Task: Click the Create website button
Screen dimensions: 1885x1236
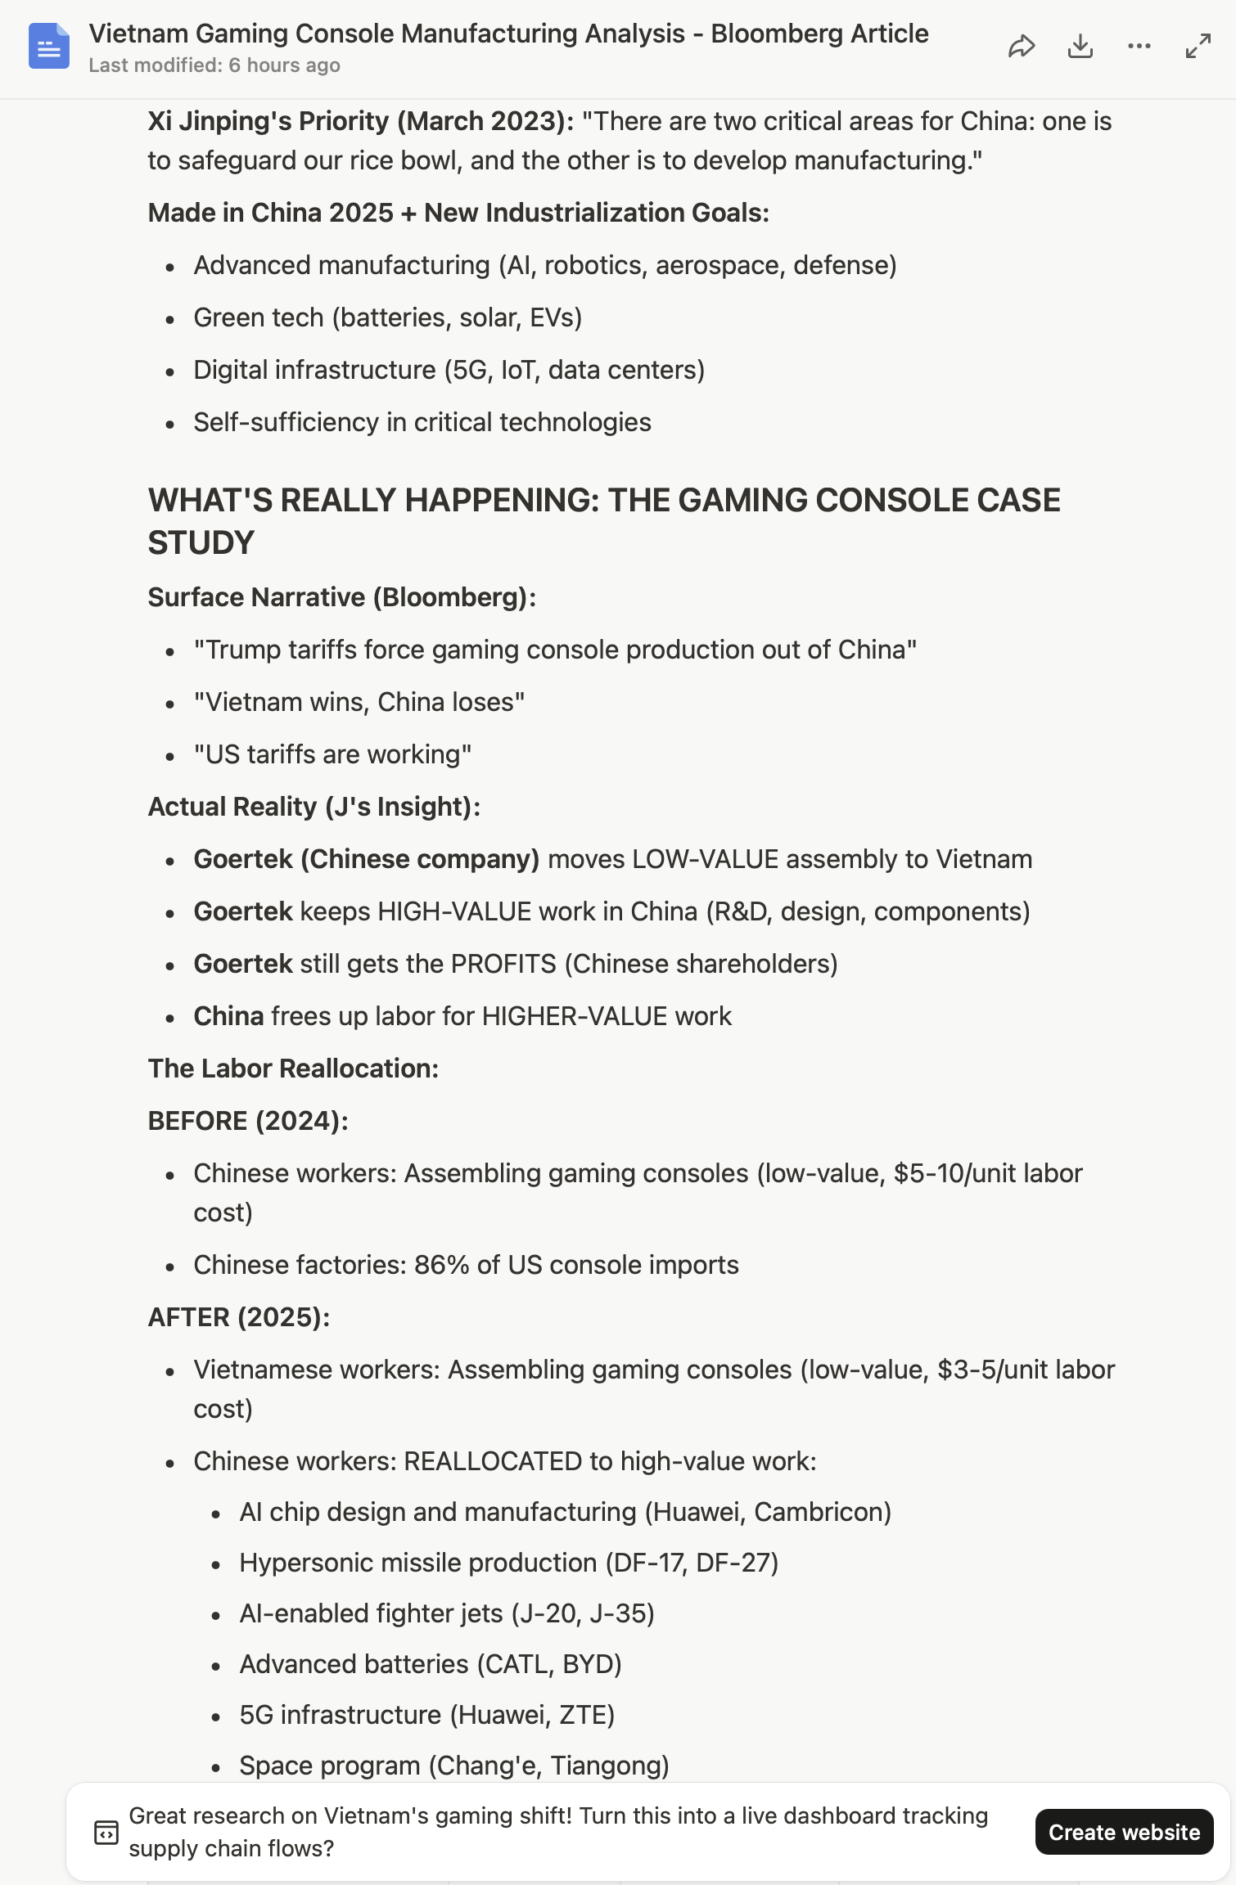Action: pyautogui.click(x=1123, y=1832)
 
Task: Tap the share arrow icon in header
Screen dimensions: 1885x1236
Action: pyautogui.click(x=1021, y=47)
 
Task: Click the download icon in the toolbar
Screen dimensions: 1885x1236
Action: pyautogui.click(x=1080, y=47)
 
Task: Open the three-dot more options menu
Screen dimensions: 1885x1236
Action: pyautogui.click(x=1139, y=47)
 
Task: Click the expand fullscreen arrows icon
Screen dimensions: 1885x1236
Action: pyautogui.click(x=1198, y=47)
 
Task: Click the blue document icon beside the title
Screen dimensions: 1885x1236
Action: pyautogui.click(x=49, y=47)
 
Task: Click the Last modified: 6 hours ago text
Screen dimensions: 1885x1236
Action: pyautogui.click(x=214, y=65)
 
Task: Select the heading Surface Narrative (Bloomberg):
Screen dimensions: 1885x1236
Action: pyautogui.click(x=341, y=597)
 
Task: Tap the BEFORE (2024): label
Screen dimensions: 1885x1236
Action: pyautogui.click(x=248, y=1121)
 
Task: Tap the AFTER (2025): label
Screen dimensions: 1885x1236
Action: pyautogui.click(x=239, y=1317)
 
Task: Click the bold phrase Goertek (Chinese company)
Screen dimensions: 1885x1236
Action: pyautogui.click(x=366, y=859)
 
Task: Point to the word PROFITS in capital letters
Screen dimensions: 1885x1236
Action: pyautogui.click(x=503, y=964)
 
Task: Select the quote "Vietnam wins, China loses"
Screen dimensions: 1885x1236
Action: pyautogui.click(x=359, y=702)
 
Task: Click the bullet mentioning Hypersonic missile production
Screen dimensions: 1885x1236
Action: pyautogui.click(x=508, y=1563)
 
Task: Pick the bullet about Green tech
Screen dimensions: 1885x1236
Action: pyautogui.click(x=387, y=317)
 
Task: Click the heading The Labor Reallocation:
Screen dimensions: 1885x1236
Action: pyautogui.click(x=293, y=1068)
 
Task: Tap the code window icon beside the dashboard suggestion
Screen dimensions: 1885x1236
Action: pyautogui.click(x=106, y=1833)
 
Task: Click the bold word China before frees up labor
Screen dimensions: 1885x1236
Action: pyautogui.click(x=228, y=1016)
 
